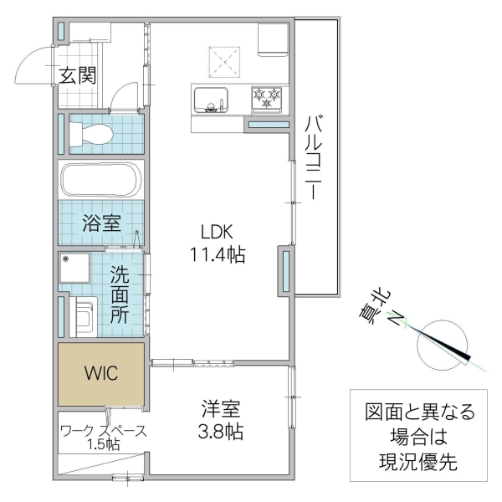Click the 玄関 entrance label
78,75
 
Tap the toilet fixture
91,134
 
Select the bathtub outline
101,180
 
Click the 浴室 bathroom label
102,223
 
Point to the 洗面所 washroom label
120,294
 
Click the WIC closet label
101,373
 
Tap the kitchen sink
211,100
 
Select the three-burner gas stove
267,100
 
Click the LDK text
217,232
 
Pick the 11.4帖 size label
218,255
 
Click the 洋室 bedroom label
221,409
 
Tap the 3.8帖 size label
221,431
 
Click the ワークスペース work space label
104,431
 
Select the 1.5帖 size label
104,444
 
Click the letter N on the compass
397,319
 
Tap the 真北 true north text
376,307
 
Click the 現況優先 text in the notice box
418,462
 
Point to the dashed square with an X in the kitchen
224,62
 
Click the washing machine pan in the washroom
75,268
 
